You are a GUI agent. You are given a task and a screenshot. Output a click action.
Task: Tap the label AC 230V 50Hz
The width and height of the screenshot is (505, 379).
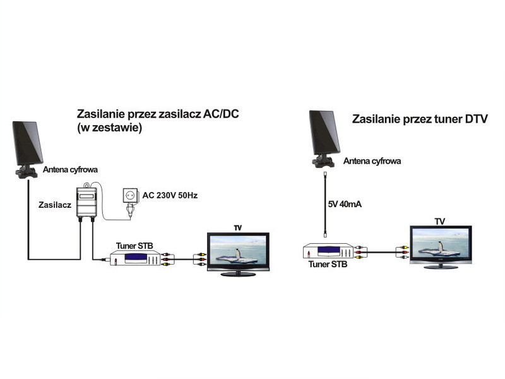[170, 196]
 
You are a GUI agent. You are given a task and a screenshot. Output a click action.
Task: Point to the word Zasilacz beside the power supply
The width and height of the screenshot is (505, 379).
[54, 206]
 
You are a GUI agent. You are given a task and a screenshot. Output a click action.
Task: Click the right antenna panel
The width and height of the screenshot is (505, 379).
[325, 133]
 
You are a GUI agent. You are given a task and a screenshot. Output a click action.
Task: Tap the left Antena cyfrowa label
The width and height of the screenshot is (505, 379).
[71, 170]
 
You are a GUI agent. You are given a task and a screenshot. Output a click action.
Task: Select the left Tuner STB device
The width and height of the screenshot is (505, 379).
[134, 258]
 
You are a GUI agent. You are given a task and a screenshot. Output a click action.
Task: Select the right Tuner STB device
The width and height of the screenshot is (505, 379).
[328, 251]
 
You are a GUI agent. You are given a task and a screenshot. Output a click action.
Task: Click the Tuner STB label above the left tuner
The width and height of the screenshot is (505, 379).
[133, 245]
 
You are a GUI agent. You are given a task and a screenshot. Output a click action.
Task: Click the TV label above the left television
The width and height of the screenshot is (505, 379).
[237, 227]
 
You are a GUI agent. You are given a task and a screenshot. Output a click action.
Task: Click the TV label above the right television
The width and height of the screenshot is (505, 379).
[440, 220]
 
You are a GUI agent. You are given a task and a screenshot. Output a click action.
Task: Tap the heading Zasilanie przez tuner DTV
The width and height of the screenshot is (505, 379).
[420, 119]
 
